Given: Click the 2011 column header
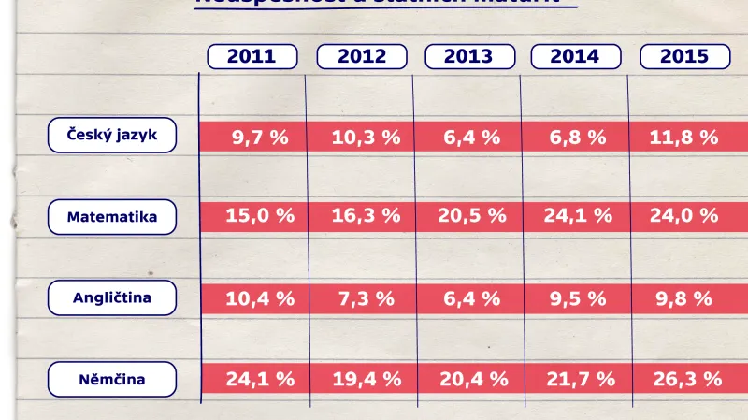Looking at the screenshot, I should (x=252, y=57).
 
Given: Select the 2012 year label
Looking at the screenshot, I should (x=362, y=57).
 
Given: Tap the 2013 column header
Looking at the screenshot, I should (x=468, y=57).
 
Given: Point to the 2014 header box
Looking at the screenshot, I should (x=575, y=57).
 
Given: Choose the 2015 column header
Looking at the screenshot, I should (x=684, y=57).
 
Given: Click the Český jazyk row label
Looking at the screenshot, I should (x=112, y=135).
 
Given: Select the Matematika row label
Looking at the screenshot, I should (x=112, y=217).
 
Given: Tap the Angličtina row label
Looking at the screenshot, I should (x=112, y=298).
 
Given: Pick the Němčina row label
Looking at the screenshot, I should (x=112, y=380).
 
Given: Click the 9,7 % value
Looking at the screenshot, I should (x=260, y=138).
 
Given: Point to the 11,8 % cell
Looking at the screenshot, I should (x=684, y=138).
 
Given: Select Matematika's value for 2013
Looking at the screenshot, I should (x=472, y=216).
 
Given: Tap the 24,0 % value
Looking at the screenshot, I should (x=684, y=216).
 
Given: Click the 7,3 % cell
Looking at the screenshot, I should (x=366, y=298).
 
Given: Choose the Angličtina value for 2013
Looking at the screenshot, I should (x=472, y=298).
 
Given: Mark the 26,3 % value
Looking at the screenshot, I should (x=686, y=379).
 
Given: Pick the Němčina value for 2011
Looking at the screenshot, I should (x=260, y=379).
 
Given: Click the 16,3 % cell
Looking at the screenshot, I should (x=366, y=216).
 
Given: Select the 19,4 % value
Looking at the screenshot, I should (x=366, y=379).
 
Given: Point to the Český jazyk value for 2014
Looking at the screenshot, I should (x=578, y=138).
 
